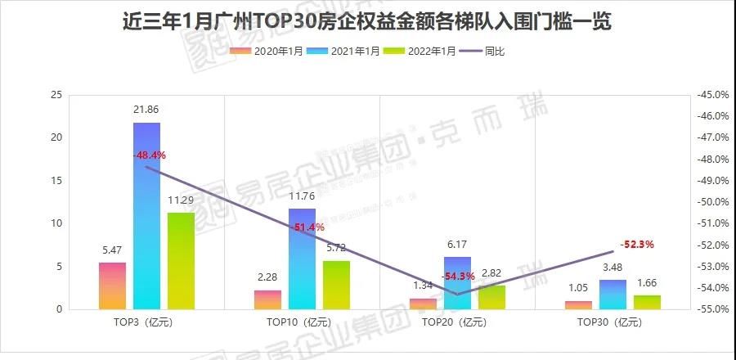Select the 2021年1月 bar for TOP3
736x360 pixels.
(x=146, y=216)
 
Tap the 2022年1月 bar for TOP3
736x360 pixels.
(x=181, y=261)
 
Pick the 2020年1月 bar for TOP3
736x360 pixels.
(x=113, y=286)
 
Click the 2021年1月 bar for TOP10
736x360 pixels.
(x=302, y=259)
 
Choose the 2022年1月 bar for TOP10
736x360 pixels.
(x=336, y=285)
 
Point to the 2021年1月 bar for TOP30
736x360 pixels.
(x=613, y=295)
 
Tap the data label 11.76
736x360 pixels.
(x=302, y=196)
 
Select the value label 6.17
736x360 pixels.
(x=457, y=244)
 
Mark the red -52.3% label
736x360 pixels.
(x=637, y=244)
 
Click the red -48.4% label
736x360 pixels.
(x=148, y=154)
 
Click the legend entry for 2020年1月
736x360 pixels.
(x=268, y=51)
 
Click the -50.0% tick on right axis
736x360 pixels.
(x=709, y=202)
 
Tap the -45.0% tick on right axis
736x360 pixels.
(x=709, y=95)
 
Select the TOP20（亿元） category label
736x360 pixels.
(x=457, y=322)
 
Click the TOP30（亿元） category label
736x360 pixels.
(x=613, y=322)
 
